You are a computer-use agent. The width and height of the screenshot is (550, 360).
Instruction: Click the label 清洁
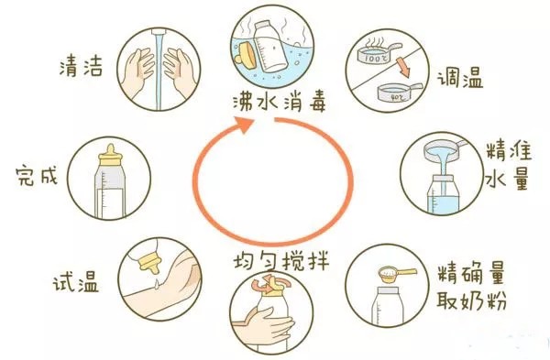tap(81, 66)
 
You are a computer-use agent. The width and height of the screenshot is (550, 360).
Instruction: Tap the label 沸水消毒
tap(280, 102)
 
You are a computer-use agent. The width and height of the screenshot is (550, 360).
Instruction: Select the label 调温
tap(460, 79)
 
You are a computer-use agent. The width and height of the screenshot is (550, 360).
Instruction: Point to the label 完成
tap(37, 176)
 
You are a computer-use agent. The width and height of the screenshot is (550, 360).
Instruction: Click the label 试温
tap(76, 282)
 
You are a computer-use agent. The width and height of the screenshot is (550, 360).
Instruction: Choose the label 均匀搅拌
tap(281, 261)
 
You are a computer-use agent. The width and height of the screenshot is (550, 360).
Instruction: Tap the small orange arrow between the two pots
tap(402, 68)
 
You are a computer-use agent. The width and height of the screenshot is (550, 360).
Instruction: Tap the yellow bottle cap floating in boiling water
tap(245, 55)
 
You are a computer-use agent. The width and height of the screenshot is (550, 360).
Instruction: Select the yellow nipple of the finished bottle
tap(110, 156)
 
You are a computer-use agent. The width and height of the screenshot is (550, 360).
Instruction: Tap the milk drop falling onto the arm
tap(157, 282)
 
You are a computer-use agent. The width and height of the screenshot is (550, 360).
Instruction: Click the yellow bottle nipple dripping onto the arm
tap(150, 264)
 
